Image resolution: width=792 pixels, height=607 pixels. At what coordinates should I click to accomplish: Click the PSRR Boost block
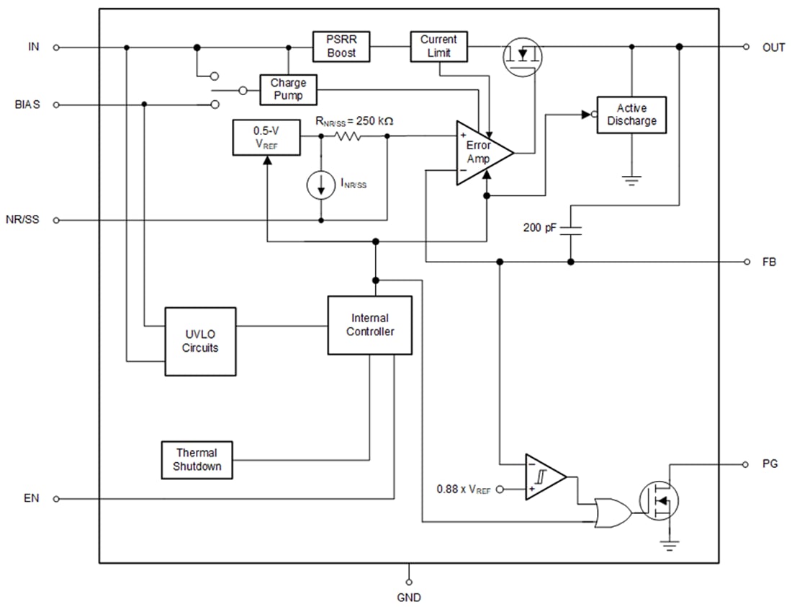(x=341, y=47)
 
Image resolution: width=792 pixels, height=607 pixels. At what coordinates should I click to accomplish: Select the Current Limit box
(x=438, y=47)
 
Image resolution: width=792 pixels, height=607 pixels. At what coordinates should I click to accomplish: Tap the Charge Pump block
(x=288, y=89)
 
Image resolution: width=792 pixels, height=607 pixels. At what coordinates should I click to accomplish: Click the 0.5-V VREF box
(x=266, y=137)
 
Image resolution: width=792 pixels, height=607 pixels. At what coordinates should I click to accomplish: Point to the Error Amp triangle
(x=481, y=152)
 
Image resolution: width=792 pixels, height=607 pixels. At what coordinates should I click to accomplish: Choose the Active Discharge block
(x=631, y=115)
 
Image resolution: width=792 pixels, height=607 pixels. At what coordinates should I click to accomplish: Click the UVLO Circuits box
(x=200, y=341)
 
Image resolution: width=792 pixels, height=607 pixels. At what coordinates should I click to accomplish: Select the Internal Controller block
(x=369, y=324)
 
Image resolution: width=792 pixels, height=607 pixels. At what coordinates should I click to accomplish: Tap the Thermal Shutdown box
(x=197, y=460)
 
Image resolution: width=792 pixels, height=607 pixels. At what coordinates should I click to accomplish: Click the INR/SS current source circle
(x=320, y=185)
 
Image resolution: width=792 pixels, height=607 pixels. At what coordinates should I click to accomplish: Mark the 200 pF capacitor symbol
(x=570, y=229)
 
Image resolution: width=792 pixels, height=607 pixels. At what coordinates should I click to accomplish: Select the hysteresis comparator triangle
(x=544, y=477)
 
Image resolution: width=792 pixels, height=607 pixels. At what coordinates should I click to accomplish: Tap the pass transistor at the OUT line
(x=521, y=56)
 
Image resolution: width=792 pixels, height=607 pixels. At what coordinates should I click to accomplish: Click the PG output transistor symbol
(x=659, y=498)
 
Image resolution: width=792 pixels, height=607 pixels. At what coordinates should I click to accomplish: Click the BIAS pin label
(x=27, y=105)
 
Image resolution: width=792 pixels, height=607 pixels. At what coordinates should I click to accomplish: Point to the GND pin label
(x=408, y=597)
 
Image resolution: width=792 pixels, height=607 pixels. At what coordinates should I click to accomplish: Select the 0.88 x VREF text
(x=463, y=489)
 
